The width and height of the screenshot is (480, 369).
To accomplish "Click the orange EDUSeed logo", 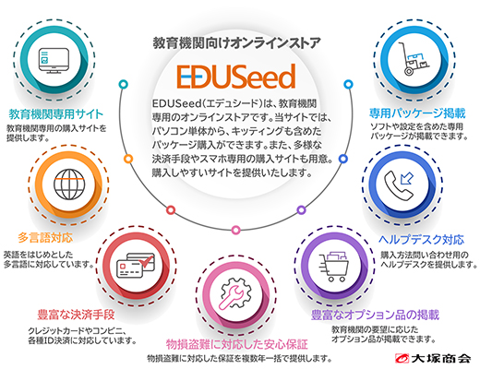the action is (236, 77).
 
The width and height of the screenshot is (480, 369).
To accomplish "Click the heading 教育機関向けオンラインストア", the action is (236, 43).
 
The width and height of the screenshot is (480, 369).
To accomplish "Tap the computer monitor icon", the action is (54, 61).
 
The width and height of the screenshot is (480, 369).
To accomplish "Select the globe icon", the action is (69, 184).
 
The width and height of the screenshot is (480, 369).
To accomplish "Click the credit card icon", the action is (136, 265).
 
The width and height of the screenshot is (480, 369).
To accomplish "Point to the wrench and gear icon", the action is (235, 293).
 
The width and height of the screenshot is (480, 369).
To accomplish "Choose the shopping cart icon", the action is (333, 267).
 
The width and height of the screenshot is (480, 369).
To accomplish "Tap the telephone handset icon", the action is (399, 185).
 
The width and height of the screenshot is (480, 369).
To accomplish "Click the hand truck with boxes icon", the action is (414, 59).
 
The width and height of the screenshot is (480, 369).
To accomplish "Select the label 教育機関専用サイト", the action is (56, 114).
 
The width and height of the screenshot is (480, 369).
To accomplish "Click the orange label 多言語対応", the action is (45, 238).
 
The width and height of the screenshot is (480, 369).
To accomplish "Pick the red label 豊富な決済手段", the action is (76, 315).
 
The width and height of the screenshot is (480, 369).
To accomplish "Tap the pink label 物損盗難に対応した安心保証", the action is (236, 344).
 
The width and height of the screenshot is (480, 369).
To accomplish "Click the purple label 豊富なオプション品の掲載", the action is (375, 315).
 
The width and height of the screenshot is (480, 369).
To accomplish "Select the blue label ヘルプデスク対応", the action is (421, 240).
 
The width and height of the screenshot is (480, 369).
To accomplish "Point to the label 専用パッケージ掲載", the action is (417, 113).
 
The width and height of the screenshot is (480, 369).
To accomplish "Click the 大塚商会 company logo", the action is (433, 358).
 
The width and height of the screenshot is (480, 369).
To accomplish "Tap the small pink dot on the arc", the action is (235, 230).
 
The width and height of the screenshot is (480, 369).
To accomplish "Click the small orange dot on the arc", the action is (128, 159).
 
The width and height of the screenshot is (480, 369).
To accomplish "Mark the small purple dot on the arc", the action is (301, 210).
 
